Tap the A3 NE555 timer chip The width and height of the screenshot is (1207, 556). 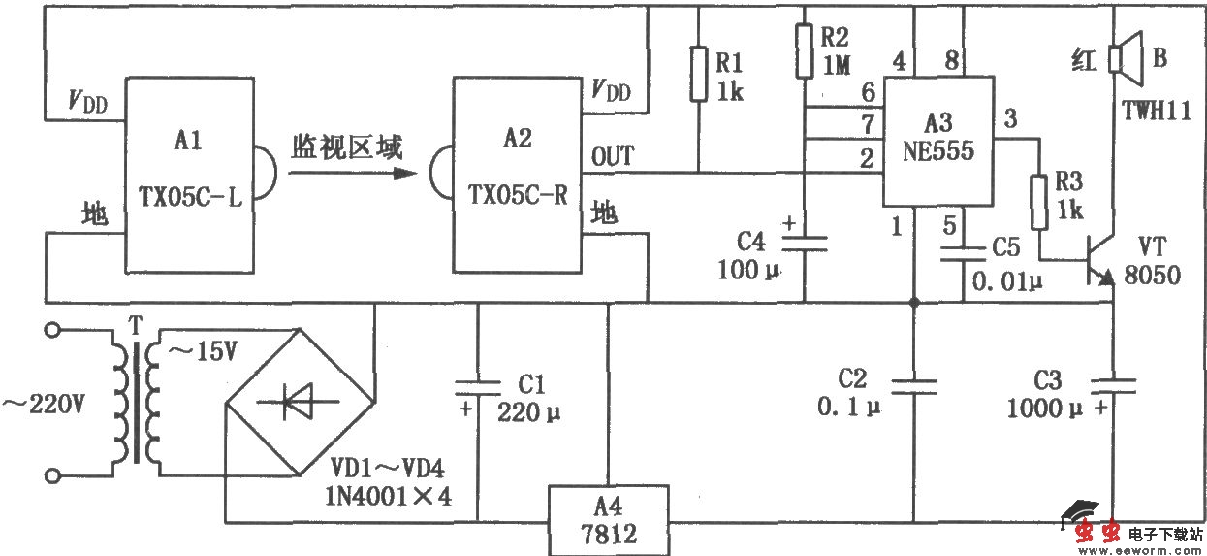(x=938, y=141)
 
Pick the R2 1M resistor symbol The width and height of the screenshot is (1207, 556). (x=804, y=50)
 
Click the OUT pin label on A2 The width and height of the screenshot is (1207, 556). (x=613, y=156)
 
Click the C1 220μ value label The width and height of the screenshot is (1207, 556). (x=529, y=410)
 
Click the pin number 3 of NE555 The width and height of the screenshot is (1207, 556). (x=1011, y=121)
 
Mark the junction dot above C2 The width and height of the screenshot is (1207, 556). (x=913, y=302)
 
